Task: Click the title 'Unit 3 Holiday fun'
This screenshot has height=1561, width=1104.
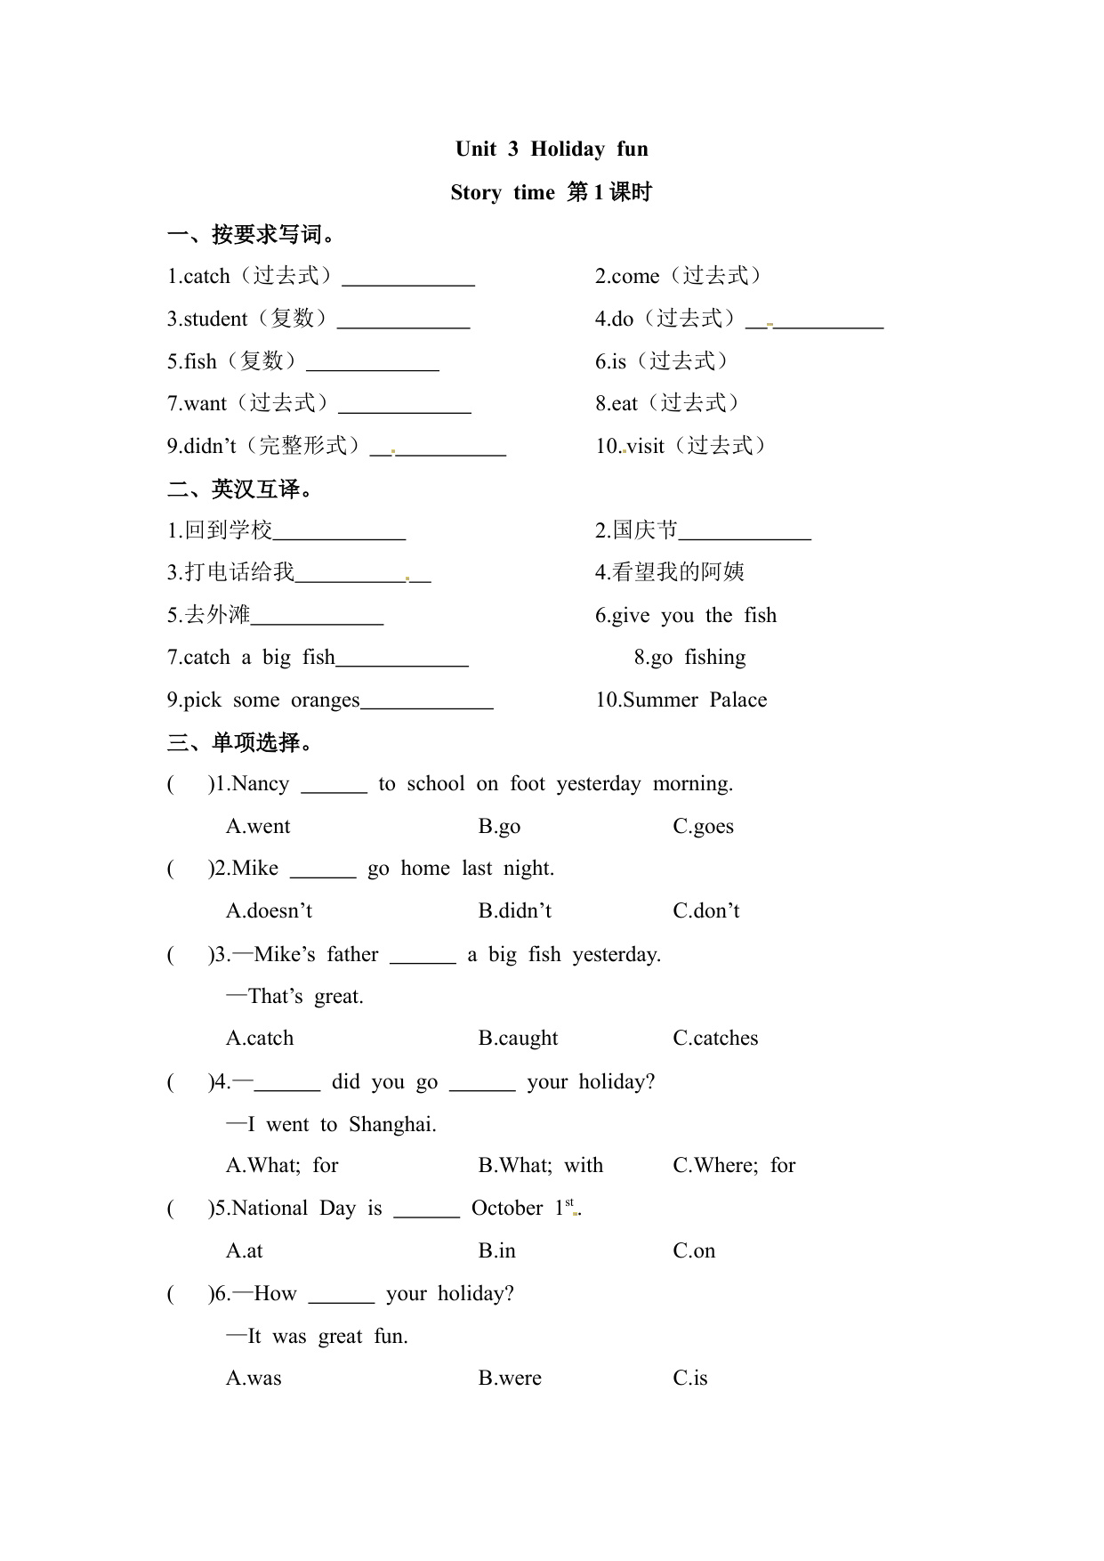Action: (552, 149)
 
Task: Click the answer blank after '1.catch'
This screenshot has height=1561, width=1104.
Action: (408, 279)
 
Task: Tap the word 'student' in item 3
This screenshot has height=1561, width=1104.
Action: (215, 319)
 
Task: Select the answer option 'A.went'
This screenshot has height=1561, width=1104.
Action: (258, 826)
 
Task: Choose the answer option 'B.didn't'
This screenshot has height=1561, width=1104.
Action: (515, 910)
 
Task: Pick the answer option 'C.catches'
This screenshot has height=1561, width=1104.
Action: (715, 1038)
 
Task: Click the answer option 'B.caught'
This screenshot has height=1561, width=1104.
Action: (518, 1038)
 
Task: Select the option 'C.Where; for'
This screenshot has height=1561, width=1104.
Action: (734, 1165)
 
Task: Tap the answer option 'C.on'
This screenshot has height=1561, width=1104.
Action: (694, 1250)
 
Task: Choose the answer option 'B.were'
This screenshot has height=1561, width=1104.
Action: (510, 1378)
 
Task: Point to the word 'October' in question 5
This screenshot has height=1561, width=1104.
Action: (507, 1208)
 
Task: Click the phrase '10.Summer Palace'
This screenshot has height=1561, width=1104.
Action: (681, 700)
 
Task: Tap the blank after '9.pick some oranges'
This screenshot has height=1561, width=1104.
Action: (427, 703)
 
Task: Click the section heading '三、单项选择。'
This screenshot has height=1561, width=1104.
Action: (240, 741)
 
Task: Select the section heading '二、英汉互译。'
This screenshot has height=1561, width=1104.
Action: (240, 488)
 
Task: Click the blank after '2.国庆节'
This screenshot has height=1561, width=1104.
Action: (745, 534)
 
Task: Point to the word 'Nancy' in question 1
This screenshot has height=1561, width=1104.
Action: (260, 783)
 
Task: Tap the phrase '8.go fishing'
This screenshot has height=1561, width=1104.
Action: (689, 657)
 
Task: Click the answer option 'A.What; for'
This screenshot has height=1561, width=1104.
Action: (282, 1165)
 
